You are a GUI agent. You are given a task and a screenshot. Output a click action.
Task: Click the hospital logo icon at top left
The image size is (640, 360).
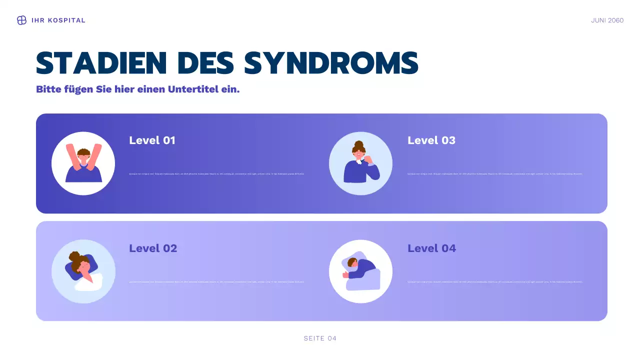click(x=21, y=20)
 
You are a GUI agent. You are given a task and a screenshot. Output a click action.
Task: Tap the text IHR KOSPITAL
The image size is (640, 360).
click(x=58, y=20)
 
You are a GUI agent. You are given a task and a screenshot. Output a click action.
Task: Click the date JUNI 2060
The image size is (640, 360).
click(x=607, y=20)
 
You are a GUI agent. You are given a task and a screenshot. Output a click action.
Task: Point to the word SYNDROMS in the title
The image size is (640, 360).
click(x=331, y=63)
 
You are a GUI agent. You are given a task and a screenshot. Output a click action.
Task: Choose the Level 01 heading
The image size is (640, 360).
click(x=152, y=140)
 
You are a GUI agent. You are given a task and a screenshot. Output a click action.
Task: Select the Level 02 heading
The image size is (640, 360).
click(x=153, y=248)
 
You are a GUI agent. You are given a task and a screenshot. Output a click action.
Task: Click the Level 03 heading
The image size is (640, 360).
click(x=431, y=140)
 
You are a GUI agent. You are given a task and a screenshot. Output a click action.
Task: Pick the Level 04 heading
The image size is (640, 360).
click(x=431, y=248)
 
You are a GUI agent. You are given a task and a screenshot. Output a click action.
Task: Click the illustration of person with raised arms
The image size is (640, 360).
click(x=83, y=163)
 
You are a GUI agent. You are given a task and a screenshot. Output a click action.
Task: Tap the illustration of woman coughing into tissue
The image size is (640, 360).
click(x=361, y=164)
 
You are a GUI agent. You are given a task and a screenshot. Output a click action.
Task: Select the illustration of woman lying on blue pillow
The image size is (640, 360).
click(x=83, y=271)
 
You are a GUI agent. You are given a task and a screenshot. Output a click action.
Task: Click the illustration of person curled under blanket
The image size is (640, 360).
click(x=361, y=272)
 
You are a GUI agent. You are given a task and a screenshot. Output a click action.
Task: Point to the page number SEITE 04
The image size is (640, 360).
click(x=320, y=338)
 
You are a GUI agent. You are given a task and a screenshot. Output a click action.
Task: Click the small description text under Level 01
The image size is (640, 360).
click(x=216, y=174)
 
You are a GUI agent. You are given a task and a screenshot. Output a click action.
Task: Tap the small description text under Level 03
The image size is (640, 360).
click(x=495, y=174)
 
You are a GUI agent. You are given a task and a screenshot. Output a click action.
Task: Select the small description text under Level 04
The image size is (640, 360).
click(x=495, y=282)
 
